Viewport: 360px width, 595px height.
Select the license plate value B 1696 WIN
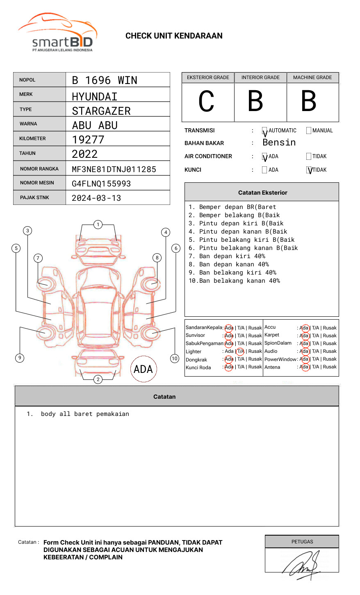pos(105,80)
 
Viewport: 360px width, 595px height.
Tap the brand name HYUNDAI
pos(95,97)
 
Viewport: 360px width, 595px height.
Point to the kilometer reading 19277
pos(88,140)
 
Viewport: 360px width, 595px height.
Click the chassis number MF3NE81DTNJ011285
pos(114,169)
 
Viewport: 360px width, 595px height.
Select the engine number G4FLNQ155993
pos(101,184)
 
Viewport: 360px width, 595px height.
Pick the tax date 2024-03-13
pos(96,198)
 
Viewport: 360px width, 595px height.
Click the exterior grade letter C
pos(206,102)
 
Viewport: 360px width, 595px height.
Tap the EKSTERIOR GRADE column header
pos(208,77)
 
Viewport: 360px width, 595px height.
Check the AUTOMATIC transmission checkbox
pos(264,131)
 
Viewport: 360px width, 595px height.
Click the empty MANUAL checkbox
pos(309,131)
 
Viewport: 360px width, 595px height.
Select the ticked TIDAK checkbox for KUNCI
pos(309,170)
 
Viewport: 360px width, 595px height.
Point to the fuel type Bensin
pos(279,143)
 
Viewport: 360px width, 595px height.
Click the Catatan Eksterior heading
pos(262,193)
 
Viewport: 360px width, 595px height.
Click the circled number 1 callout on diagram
pos(98,225)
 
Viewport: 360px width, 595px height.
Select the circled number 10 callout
pos(175,359)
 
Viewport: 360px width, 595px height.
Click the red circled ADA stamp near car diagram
pos(143,369)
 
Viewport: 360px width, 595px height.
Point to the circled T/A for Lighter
pos(241,351)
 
